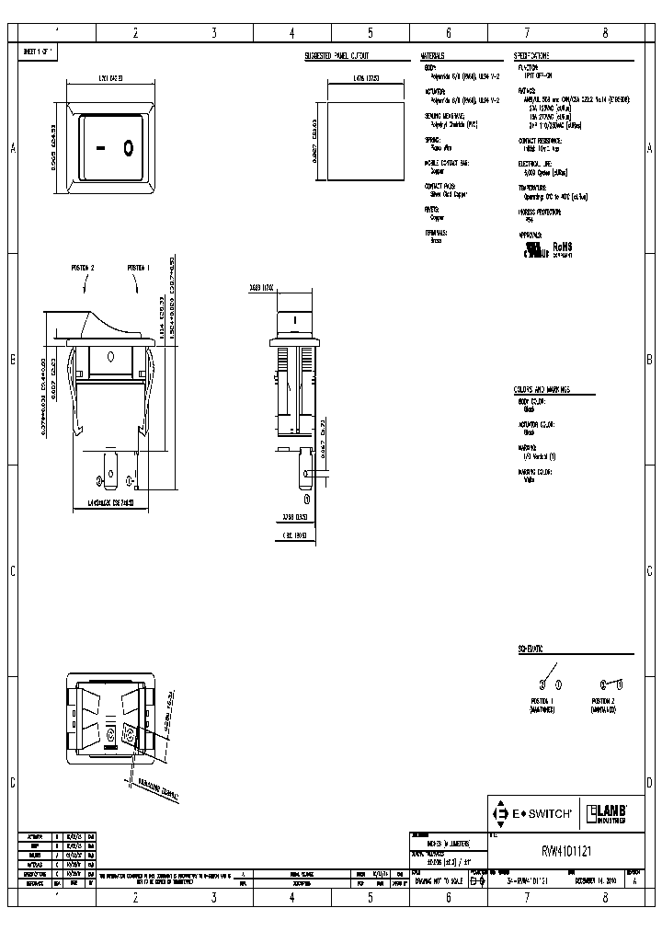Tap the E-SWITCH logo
[533, 813]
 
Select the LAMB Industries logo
[607, 813]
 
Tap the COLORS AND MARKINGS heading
[542, 390]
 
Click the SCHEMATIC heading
[530, 649]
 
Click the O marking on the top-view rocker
[129, 146]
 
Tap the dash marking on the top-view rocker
[102, 146]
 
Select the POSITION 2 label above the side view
[83, 268]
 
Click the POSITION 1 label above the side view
[138, 268]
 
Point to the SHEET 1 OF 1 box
[39, 52]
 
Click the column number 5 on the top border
[370, 33]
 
